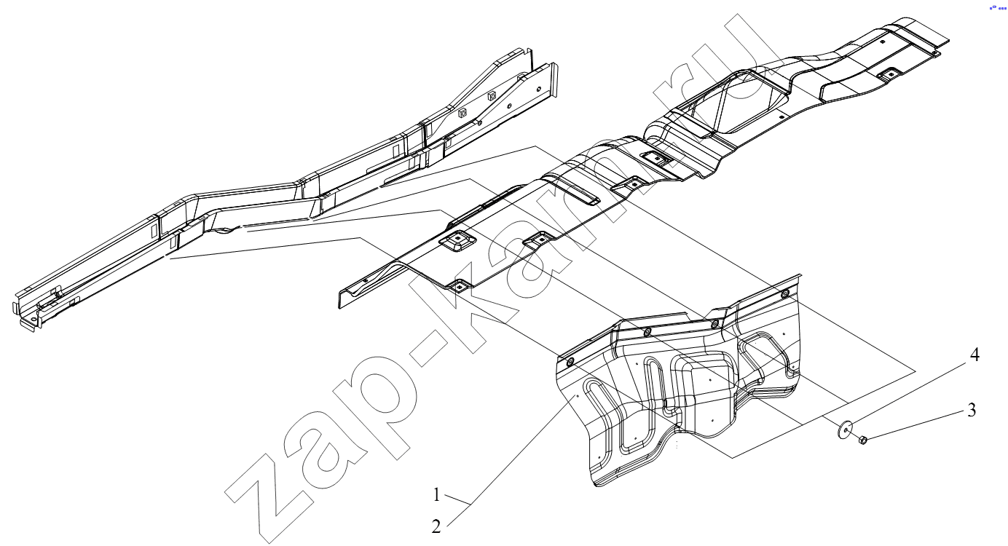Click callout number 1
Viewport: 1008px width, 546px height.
436,495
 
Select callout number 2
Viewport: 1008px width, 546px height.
436,526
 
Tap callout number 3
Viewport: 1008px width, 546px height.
972,410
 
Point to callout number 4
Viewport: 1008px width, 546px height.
974,355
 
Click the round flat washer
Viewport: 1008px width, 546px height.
845,429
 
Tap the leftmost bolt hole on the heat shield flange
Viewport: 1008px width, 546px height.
570,362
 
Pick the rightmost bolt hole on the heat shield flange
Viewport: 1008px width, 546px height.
784,293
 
